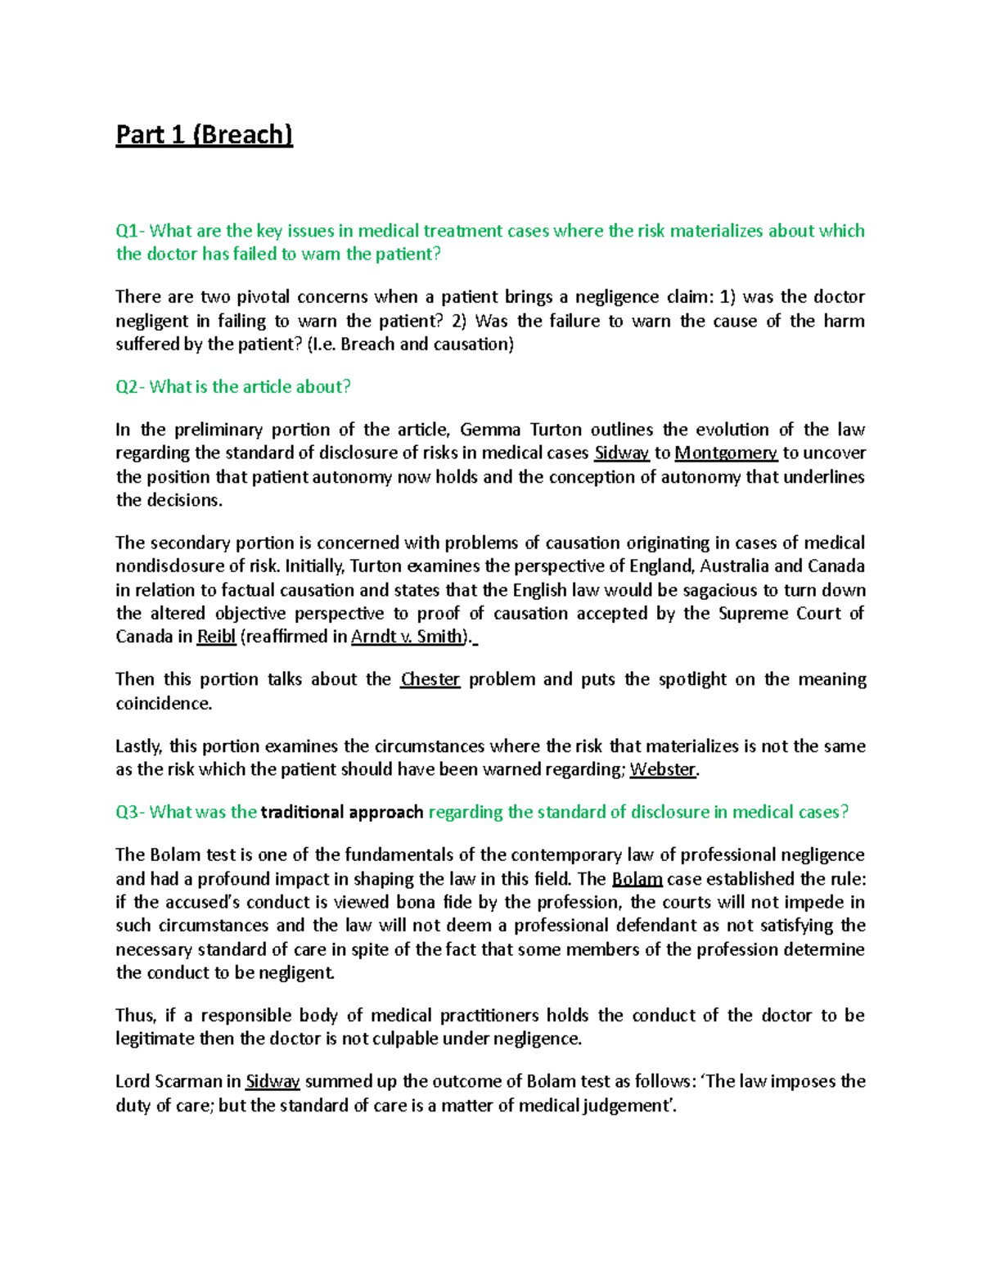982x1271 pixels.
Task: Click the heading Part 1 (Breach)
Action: click(204, 135)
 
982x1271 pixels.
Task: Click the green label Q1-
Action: click(130, 231)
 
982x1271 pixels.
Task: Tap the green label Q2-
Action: click(130, 387)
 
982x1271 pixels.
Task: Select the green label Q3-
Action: click(130, 812)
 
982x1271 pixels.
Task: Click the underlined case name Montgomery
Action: click(725, 453)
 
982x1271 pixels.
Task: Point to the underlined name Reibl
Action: click(216, 637)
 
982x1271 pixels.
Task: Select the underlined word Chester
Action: click(430, 679)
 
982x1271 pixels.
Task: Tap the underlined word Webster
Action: click(663, 769)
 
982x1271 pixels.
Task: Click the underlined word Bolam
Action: click(637, 879)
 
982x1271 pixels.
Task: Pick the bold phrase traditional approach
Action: click(341, 812)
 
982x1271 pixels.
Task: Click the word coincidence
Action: click(164, 703)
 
